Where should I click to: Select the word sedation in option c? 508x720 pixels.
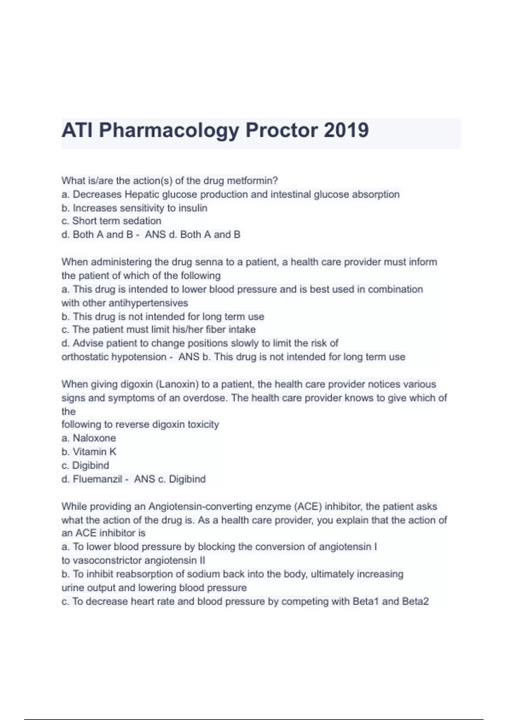[x=141, y=221]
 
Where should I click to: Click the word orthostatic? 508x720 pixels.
[x=85, y=357]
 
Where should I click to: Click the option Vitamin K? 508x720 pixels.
[x=94, y=452]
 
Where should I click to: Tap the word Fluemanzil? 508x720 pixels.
[x=97, y=479]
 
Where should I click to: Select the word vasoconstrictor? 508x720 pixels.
[x=107, y=561]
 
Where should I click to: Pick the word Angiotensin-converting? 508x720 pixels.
[x=220, y=507]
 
